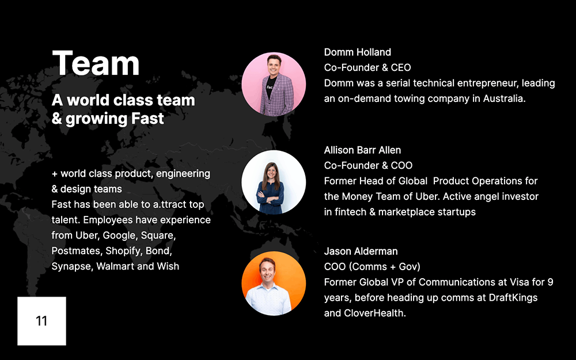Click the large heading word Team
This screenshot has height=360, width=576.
(x=96, y=63)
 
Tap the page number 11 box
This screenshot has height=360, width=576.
(x=41, y=321)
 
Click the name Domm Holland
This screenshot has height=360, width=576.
(x=358, y=52)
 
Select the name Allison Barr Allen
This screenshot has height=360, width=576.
(x=362, y=150)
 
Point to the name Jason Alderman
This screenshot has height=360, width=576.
(x=361, y=251)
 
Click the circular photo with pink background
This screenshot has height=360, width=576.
(x=274, y=84)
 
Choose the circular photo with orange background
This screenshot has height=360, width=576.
(x=274, y=283)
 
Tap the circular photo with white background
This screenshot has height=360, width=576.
(x=274, y=182)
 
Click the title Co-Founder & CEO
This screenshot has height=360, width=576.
(x=367, y=67)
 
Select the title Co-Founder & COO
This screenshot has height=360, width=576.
(x=368, y=166)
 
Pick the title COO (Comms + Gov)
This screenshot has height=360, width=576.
(x=372, y=267)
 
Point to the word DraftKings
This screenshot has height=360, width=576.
(x=513, y=298)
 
